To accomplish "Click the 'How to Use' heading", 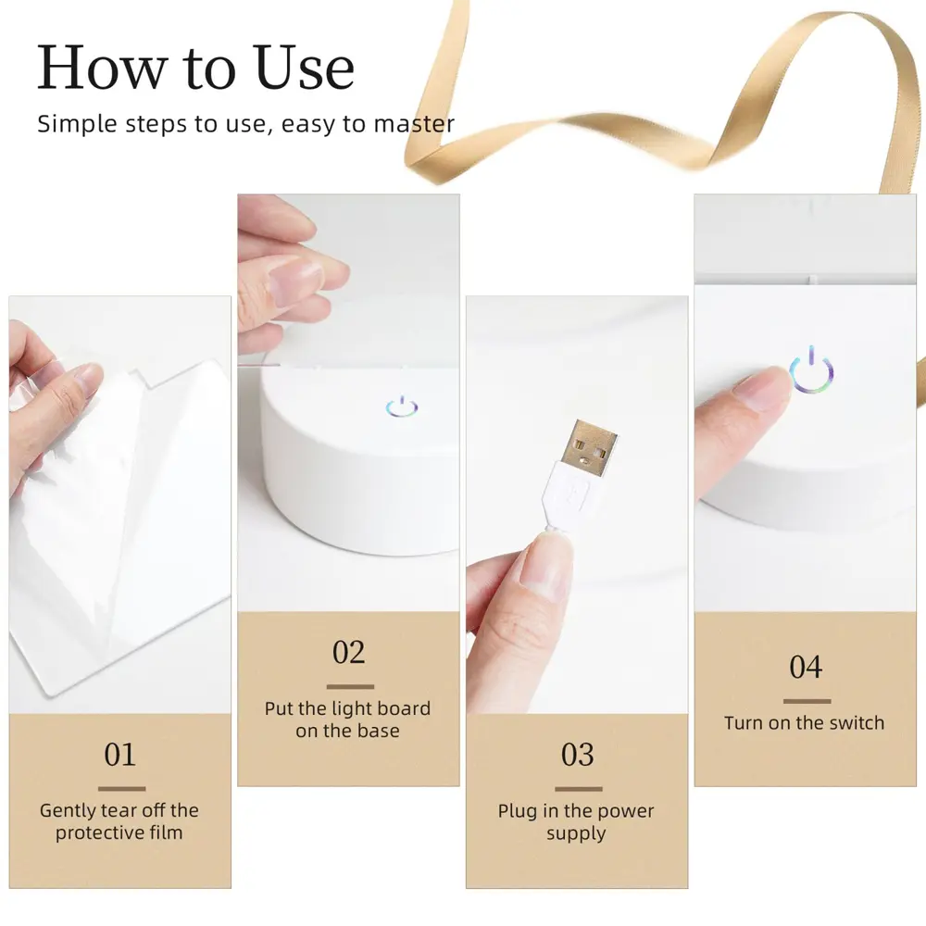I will [195, 68].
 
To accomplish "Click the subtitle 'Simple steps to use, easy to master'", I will [245, 124].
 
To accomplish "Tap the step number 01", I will [119, 754].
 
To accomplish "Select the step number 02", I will [349, 652].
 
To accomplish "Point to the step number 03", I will [577, 755].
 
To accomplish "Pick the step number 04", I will [806, 667].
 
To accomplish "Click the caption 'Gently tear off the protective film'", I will [119, 821].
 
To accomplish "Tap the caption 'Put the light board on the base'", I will [348, 720].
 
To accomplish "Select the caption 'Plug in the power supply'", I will [576, 822].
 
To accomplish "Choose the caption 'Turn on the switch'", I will [804, 723].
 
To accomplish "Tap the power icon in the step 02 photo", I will [402, 407].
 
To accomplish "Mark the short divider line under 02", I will [350, 687].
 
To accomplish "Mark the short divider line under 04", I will [807, 701].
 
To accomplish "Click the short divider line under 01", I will [121, 789].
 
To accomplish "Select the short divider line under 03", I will [578, 789].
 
